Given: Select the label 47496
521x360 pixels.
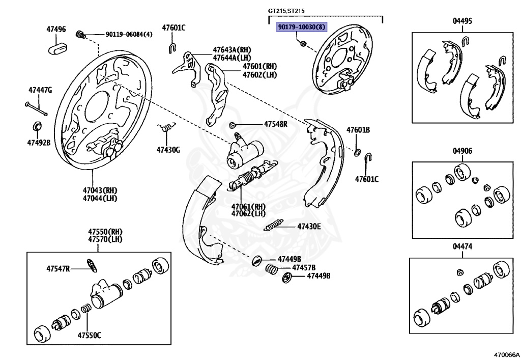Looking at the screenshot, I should pyautogui.click(x=56, y=29).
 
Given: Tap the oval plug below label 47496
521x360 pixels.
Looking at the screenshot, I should pyautogui.click(x=57, y=48).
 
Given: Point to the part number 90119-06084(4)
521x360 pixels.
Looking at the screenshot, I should pyautogui.click(x=129, y=35).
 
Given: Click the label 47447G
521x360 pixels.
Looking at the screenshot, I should pyautogui.click(x=40, y=90).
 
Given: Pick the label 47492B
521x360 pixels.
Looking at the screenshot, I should pyautogui.click(x=39, y=142).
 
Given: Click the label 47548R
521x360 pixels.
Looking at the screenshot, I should pyautogui.click(x=275, y=124).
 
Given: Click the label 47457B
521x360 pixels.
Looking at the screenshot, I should pyautogui.click(x=304, y=267).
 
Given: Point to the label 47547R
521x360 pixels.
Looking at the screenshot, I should pyautogui.click(x=58, y=268).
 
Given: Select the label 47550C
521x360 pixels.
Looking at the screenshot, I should pyautogui.click(x=89, y=335).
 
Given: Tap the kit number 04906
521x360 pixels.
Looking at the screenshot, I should pyautogui.click(x=462, y=151).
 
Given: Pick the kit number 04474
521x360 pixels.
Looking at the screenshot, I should pyautogui.click(x=462, y=246).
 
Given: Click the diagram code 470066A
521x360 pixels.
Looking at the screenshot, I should pyautogui.click(x=505, y=353).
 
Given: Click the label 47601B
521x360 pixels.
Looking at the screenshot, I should pyautogui.click(x=358, y=130).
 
